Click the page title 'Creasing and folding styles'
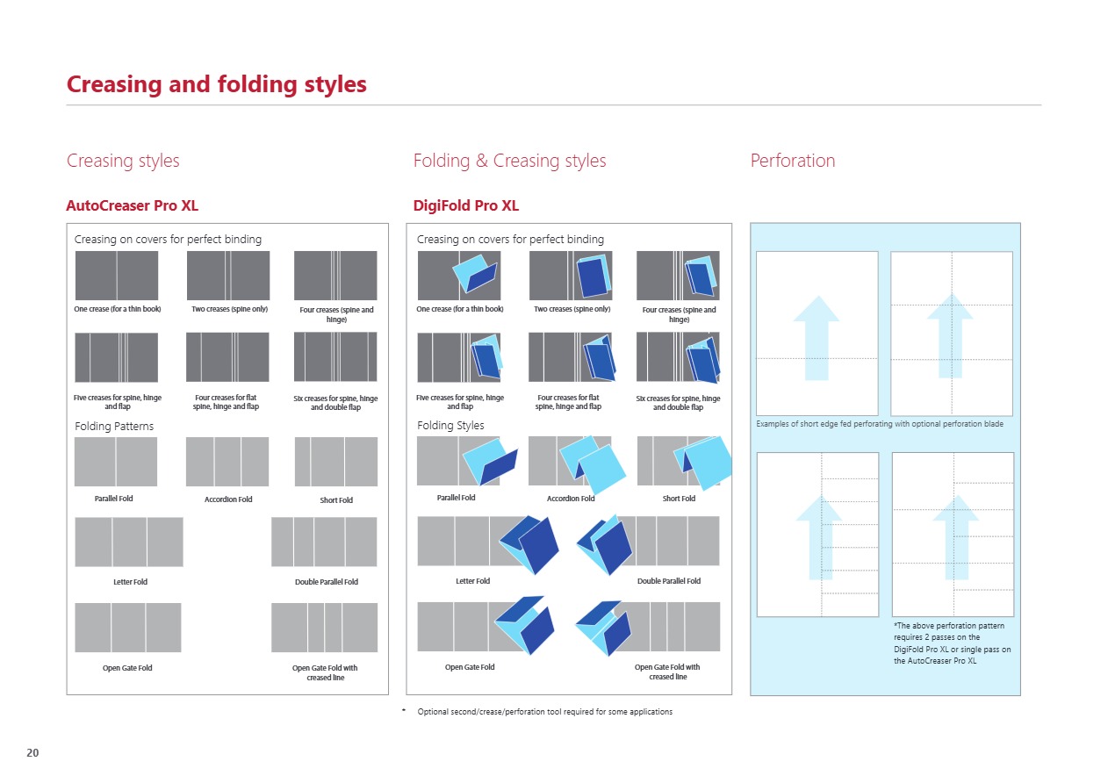click(x=217, y=85)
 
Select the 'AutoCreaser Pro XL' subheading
click(x=132, y=206)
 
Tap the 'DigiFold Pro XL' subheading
click(x=465, y=206)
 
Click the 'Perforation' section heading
click(x=792, y=161)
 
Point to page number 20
click(x=32, y=753)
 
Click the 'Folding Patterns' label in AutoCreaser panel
click(x=114, y=427)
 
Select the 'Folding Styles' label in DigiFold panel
click(x=450, y=426)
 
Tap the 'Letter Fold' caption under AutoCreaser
click(x=130, y=582)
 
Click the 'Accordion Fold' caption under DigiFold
click(x=571, y=499)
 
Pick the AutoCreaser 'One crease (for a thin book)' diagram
click(x=117, y=276)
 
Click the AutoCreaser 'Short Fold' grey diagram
click(x=336, y=462)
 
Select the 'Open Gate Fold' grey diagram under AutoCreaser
click(x=128, y=628)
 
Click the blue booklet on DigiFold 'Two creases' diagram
click(x=593, y=277)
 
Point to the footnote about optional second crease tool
click(x=544, y=711)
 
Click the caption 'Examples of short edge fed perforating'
click(x=879, y=424)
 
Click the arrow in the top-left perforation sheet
click(x=817, y=337)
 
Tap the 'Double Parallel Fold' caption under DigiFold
click(x=668, y=581)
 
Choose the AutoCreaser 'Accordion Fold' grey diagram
click(x=227, y=462)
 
